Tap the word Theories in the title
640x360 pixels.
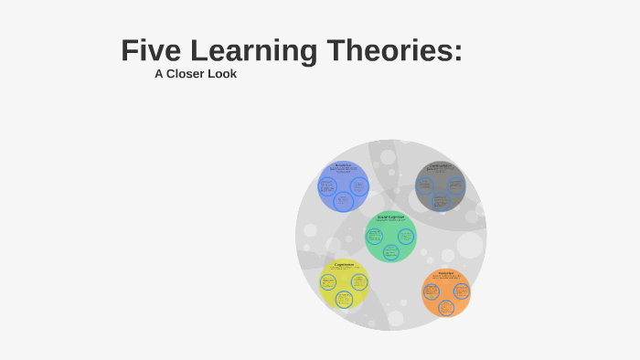tap(393, 51)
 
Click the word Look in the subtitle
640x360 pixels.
tap(223, 74)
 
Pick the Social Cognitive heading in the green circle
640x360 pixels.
tap(390, 217)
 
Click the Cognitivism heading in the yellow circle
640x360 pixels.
tap(344, 265)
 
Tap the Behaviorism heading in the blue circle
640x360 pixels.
tap(343, 164)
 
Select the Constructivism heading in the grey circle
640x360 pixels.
tap(441, 165)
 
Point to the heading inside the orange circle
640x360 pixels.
tap(446, 272)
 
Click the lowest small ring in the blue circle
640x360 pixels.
tap(343, 201)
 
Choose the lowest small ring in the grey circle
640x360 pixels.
tap(441, 200)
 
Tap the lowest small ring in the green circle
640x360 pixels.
tap(391, 252)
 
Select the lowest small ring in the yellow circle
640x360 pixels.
tap(344, 299)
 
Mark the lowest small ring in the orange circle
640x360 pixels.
tap(446, 307)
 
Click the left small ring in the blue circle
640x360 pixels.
tap(327, 186)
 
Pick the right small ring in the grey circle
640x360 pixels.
tap(455, 185)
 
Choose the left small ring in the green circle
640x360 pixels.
tap(375, 236)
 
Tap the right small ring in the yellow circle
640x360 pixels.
tap(359, 281)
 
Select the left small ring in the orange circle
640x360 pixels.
tap(432, 291)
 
